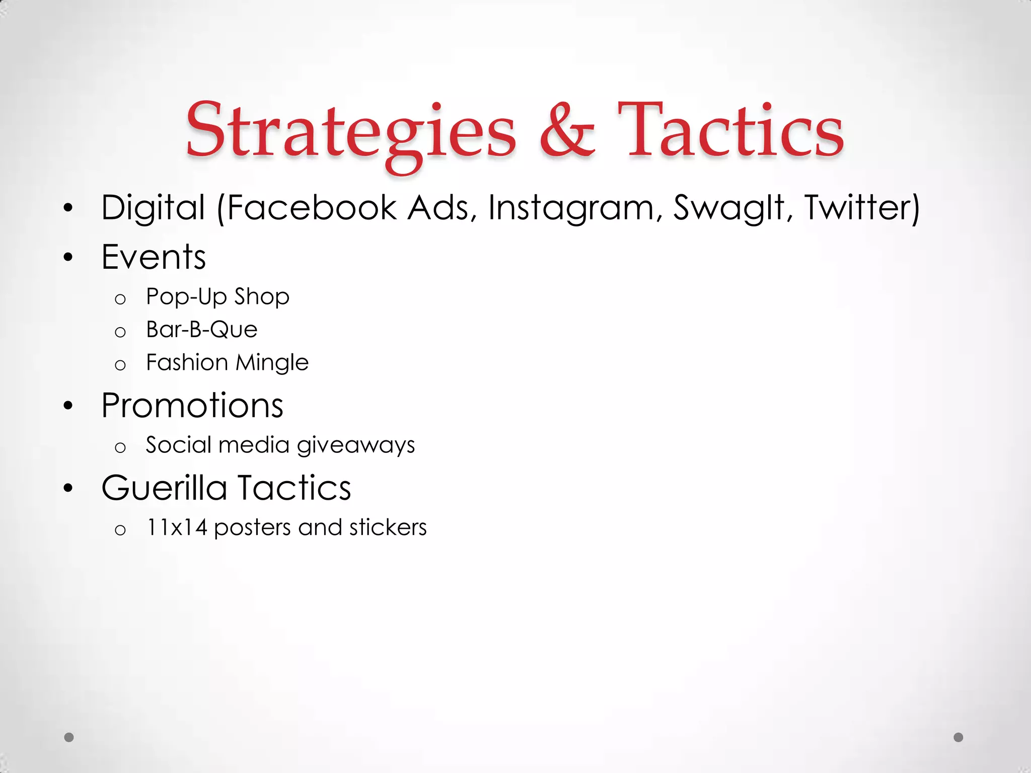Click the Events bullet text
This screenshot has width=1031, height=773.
click(154, 257)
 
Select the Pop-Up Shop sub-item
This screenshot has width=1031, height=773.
click(217, 297)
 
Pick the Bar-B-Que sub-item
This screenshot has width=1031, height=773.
click(201, 330)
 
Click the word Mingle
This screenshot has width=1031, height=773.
click(272, 363)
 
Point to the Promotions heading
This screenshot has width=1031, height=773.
click(192, 406)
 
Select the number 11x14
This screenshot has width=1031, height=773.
click(176, 528)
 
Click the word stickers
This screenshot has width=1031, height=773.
click(388, 528)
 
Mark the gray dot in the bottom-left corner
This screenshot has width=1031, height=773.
click(69, 737)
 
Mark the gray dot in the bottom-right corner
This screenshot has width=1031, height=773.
click(959, 737)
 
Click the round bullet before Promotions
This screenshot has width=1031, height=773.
click(68, 406)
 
